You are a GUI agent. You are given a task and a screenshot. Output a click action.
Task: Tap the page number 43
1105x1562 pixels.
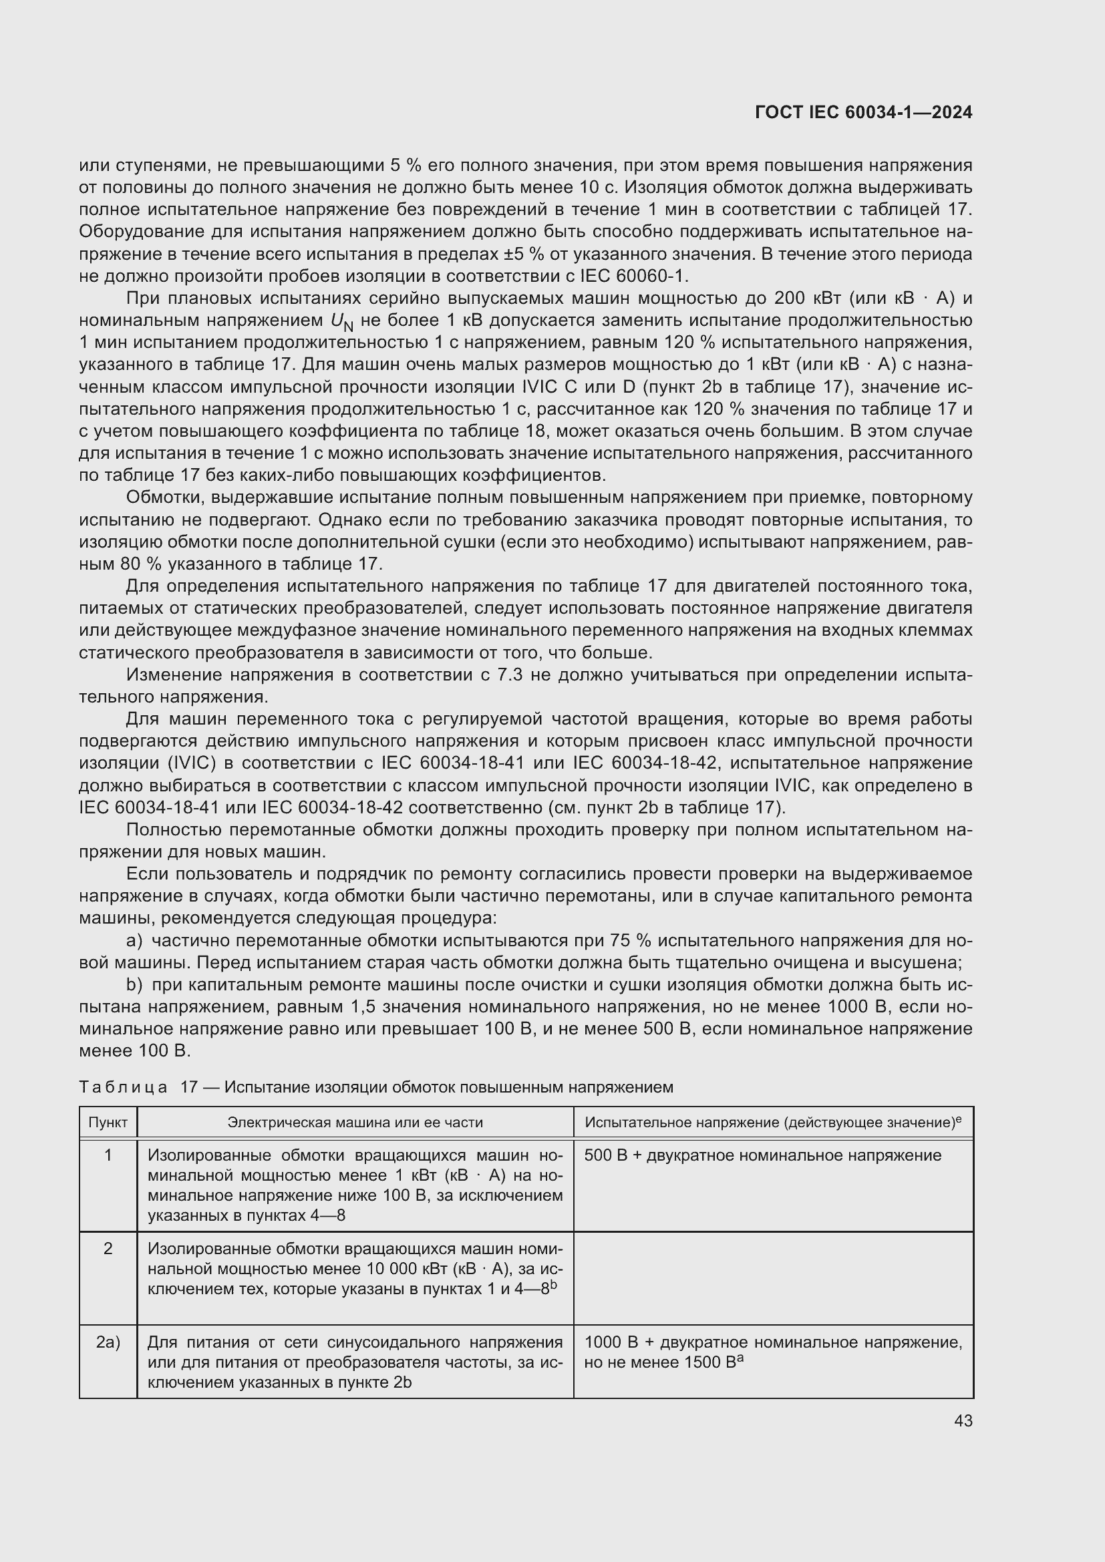coord(963,1420)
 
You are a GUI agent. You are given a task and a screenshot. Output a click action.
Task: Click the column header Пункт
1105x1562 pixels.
coord(108,1122)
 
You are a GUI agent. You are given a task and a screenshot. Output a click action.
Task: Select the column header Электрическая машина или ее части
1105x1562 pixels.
coord(355,1122)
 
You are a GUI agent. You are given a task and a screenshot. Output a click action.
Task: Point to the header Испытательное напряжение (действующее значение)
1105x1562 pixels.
coord(772,1122)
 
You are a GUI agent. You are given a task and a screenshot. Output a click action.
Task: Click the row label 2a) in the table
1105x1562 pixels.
coord(108,1342)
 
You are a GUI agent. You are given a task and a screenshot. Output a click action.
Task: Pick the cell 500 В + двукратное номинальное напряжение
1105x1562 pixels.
coord(762,1155)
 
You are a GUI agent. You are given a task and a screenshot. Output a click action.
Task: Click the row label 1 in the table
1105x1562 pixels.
coord(108,1155)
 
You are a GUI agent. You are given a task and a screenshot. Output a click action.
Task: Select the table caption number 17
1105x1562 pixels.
coord(188,1087)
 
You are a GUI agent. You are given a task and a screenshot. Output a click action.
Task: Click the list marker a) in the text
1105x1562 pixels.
coord(134,941)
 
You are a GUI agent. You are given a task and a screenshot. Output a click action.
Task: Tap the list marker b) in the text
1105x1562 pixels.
coord(134,985)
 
